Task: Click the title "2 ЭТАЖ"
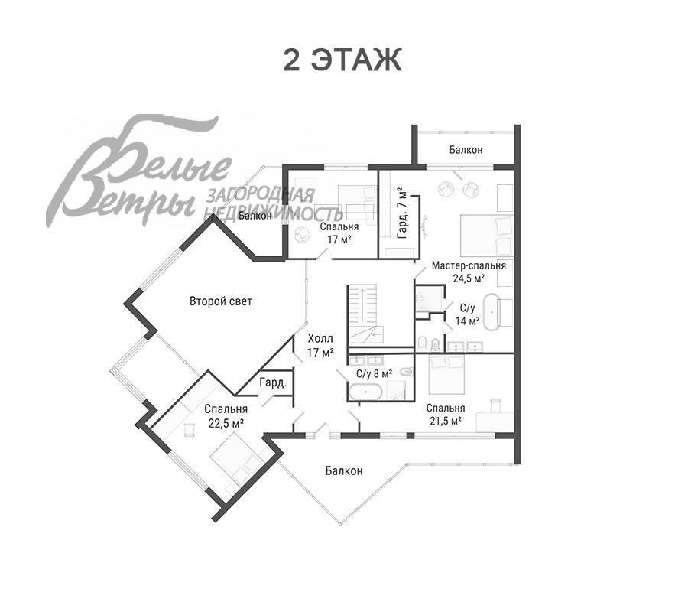(x=342, y=60)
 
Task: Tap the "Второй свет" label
(x=221, y=301)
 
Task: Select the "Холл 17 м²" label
(x=320, y=346)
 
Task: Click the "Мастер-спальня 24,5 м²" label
(x=469, y=272)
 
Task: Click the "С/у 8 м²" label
(x=374, y=373)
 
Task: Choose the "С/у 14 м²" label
(x=467, y=314)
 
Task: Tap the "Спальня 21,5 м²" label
(x=446, y=415)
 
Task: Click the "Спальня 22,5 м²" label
(x=226, y=416)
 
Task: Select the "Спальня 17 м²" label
(x=339, y=233)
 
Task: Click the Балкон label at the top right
(x=466, y=150)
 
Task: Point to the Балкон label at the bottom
(x=344, y=471)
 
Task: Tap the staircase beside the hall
(x=362, y=316)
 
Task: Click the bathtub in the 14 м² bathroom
(x=492, y=312)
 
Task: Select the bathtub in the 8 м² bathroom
(x=365, y=392)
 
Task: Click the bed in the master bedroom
(x=486, y=236)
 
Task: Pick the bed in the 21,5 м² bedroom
(x=446, y=375)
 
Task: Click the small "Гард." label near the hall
(x=273, y=382)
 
